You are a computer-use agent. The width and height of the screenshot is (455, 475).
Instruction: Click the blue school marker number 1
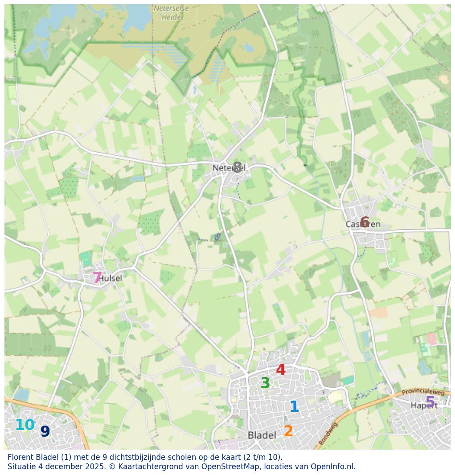[x=294, y=406]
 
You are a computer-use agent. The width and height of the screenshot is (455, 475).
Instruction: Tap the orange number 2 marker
[x=288, y=431]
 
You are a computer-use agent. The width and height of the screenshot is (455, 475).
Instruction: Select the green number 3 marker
[x=265, y=383]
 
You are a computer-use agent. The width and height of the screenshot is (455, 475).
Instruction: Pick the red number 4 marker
[x=281, y=369]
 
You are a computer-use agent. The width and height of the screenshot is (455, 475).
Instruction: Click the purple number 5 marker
[x=430, y=402]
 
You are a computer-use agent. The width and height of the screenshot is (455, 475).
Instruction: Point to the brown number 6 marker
[x=365, y=222]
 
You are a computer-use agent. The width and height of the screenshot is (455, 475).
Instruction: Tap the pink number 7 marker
[x=97, y=278]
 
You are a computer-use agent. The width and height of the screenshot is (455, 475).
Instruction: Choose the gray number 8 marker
[x=237, y=167]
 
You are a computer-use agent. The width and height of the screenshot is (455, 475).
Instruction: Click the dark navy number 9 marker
[x=45, y=431]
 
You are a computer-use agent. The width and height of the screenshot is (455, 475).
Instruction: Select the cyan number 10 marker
[x=25, y=425]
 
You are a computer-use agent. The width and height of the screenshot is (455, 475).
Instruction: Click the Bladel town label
[x=262, y=435]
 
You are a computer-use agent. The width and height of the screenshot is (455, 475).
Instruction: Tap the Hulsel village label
[x=111, y=278]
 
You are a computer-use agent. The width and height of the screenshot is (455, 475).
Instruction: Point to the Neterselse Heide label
[x=171, y=13]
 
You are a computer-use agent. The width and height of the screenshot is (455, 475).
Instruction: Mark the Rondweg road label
[x=328, y=434]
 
